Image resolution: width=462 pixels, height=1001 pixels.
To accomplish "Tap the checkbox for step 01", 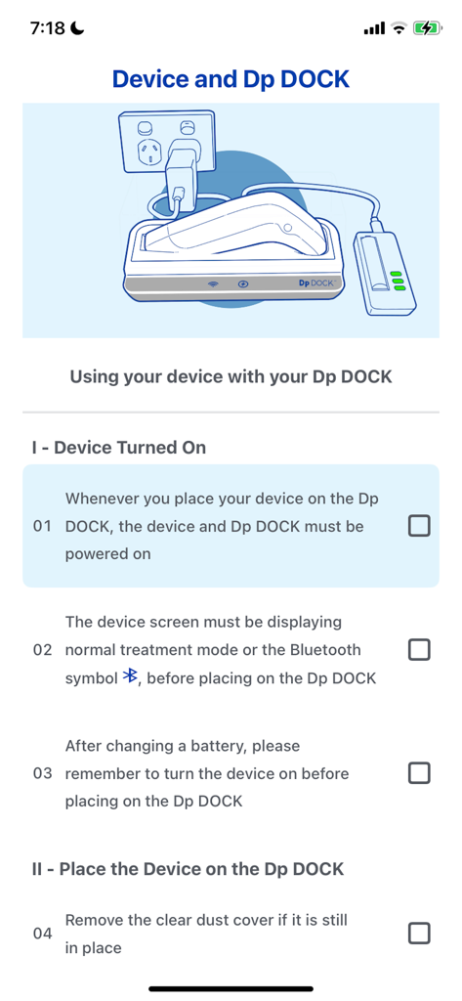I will point(418,526).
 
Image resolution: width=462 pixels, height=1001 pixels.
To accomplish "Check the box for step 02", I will point(418,649).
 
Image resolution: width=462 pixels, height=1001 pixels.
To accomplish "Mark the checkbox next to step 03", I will point(418,773).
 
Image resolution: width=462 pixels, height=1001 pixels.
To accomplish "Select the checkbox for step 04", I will point(418,934).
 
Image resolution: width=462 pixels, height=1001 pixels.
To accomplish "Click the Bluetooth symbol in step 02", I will point(130,677).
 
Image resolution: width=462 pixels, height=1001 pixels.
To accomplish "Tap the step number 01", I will point(42,526).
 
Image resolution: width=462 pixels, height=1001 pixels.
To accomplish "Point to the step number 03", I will point(42,773).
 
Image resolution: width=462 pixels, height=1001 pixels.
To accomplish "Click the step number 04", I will point(42,934).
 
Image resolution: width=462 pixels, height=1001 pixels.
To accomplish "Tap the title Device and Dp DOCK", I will point(231,79).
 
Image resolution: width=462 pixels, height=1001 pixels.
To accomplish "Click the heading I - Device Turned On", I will point(119,448).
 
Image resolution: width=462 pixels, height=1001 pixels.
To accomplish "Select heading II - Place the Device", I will point(188,869).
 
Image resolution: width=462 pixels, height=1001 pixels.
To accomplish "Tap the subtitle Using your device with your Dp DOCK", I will point(231,376).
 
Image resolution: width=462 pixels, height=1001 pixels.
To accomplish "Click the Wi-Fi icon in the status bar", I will point(399,28).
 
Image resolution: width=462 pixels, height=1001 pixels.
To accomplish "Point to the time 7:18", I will point(47,28).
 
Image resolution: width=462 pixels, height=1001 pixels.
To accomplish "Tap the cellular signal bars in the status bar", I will point(373,29).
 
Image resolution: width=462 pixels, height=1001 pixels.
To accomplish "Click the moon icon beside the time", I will point(78,28).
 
